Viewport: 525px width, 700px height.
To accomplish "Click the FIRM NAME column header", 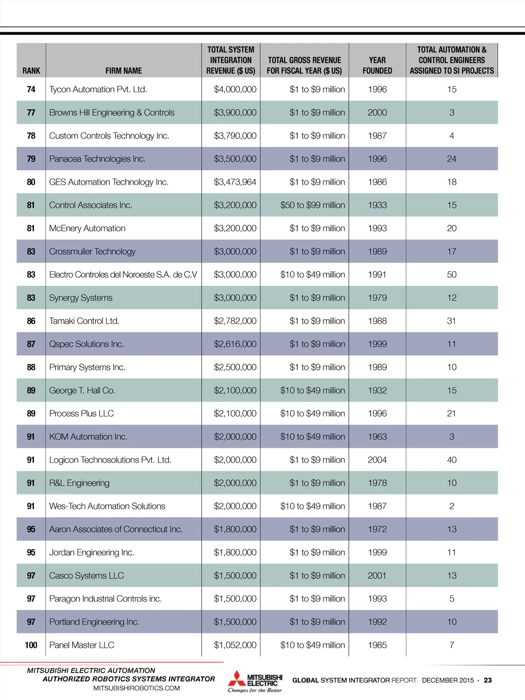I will click(124, 71).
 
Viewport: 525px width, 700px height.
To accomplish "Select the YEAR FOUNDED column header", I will click(377, 66).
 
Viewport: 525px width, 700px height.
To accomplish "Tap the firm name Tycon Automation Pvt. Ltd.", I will click(98, 89).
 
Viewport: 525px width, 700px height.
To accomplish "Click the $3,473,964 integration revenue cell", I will click(235, 182).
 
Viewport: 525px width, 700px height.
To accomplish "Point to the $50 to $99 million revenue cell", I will click(312, 205).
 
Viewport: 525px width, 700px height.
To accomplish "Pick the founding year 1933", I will click(377, 205).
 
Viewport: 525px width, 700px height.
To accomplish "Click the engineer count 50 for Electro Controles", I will click(452, 275).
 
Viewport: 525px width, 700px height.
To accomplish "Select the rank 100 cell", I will click(31, 645).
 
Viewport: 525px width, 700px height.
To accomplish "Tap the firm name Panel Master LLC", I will click(82, 645).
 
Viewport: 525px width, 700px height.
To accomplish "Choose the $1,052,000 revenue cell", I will click(235, 645).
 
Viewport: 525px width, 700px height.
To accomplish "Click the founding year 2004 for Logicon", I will click(377, 460).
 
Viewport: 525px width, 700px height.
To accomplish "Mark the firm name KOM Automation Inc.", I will click(88, 437).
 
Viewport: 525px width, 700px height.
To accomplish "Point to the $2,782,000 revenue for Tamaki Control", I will click(235, 321).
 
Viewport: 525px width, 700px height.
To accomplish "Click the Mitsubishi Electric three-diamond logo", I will click(236, 679).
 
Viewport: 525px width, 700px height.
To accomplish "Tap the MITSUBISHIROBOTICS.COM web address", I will click(136, 688).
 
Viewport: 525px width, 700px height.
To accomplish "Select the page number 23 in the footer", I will click(488, 681).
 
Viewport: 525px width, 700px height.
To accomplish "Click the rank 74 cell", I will click(31, 89).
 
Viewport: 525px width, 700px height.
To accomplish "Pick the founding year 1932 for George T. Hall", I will click(377, 391).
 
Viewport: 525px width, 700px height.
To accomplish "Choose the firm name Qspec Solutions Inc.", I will click(87, 344).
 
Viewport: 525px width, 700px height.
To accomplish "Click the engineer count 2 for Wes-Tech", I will click(452, 506).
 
